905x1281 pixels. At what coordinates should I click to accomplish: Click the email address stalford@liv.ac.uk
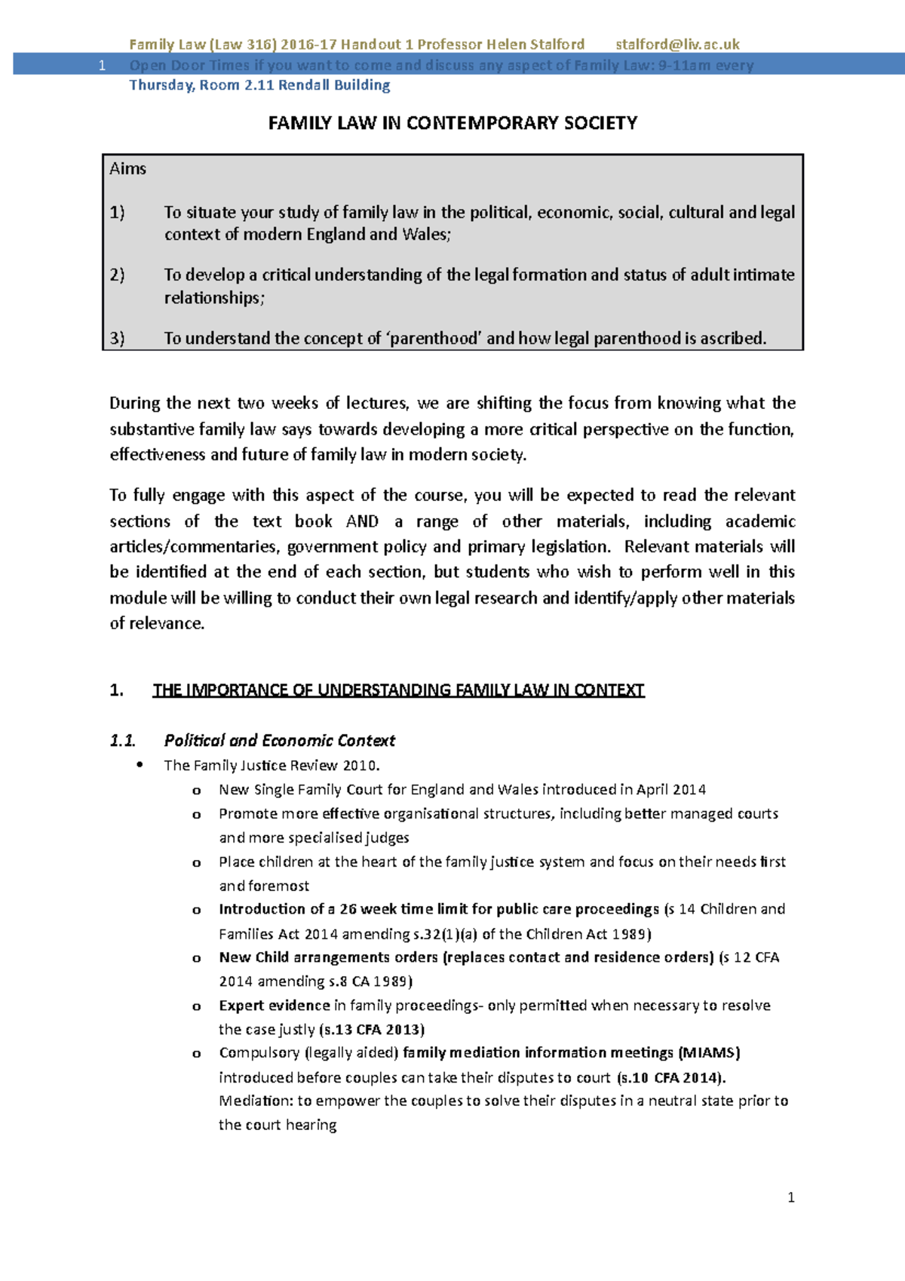pos(676,45)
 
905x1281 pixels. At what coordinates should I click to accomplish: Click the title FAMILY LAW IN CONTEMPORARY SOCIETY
pos(452,123)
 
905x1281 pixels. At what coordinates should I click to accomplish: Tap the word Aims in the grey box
pos(127,169)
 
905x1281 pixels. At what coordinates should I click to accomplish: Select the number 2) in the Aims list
pos(117,275)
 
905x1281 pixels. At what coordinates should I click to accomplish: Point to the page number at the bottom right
pos(790,1197)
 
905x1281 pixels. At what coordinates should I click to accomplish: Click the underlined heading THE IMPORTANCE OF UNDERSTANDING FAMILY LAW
pos(398,690)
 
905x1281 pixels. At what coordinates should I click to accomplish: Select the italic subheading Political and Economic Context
pos(279,740)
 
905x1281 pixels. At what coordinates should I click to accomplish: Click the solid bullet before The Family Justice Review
pos(140,766)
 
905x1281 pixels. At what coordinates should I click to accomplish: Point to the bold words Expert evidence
pos(274,1005)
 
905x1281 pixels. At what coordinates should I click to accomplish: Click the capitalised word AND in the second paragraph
pos(362,521)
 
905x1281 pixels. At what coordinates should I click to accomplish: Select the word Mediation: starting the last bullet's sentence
pos(255,1101)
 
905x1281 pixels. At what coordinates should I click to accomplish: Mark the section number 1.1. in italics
pos(122,740)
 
